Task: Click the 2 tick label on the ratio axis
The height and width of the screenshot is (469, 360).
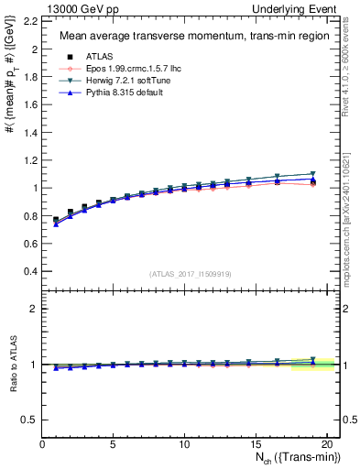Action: click(x=33, y=309)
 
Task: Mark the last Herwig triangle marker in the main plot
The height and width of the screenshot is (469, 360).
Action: click(x=311, y=173)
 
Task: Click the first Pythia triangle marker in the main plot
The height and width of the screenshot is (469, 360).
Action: click(x=56, y=224)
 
